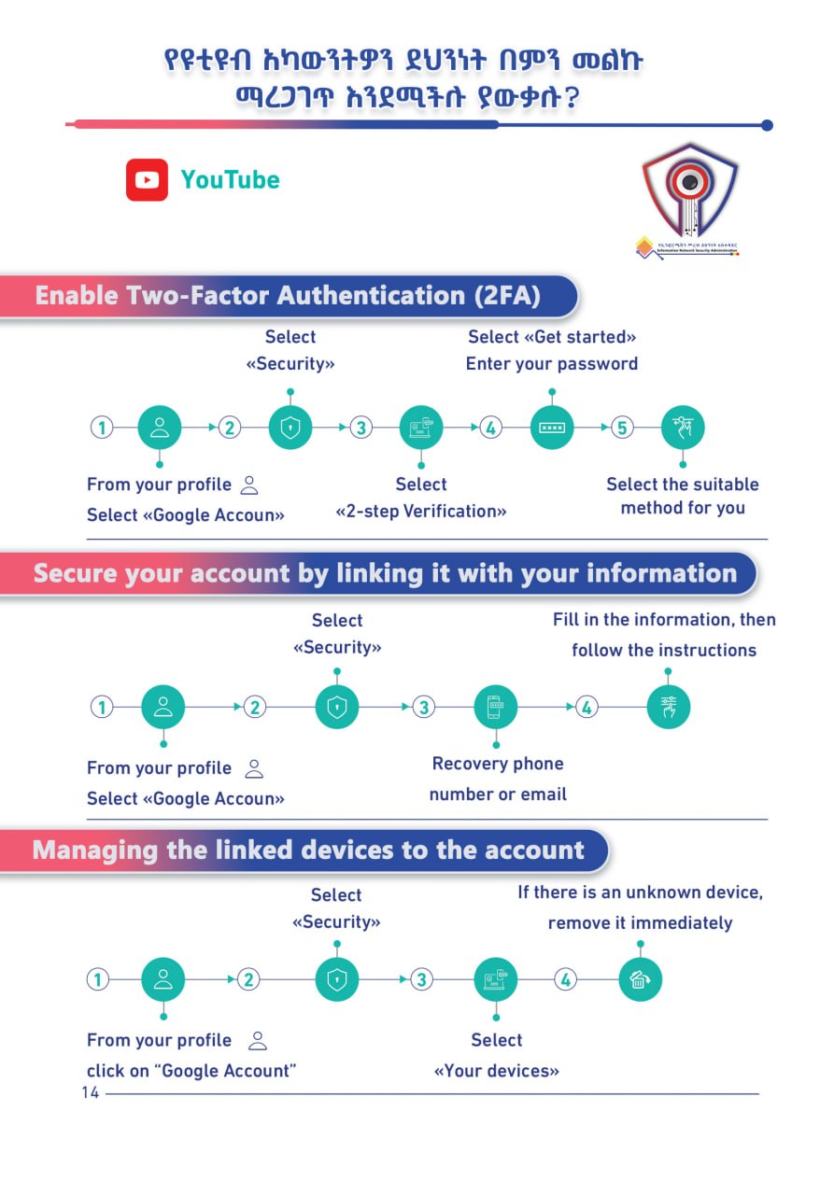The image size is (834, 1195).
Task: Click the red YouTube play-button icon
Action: pos(147,180)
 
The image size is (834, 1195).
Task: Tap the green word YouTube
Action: pos(230,180)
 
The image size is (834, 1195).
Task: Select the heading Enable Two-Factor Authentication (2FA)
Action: pos(288,296)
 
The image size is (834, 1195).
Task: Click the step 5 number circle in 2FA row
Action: pos(622,429)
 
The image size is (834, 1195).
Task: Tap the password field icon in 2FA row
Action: pos(552,429)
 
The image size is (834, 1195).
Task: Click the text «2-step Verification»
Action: pos(421,511)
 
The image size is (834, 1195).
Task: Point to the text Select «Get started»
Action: pos(552,337)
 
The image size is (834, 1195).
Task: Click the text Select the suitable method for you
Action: pos(683,496)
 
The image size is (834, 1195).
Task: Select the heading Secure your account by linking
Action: pos(385,573)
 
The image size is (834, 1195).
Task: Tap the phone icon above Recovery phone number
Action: pos(495,707)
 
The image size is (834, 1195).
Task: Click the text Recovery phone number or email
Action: pos(498,779)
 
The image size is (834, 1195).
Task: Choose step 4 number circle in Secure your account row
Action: pos(587,707)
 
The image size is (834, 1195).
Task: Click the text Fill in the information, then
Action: pos(664,620)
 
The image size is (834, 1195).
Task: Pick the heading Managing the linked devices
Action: pos(308,851)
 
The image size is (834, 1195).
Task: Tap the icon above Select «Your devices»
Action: pos(495,979)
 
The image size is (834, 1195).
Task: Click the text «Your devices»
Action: pos(497,1071)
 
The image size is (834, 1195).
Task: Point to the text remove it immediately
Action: pos(640,923)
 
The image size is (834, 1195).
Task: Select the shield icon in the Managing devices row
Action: pos(336,979)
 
